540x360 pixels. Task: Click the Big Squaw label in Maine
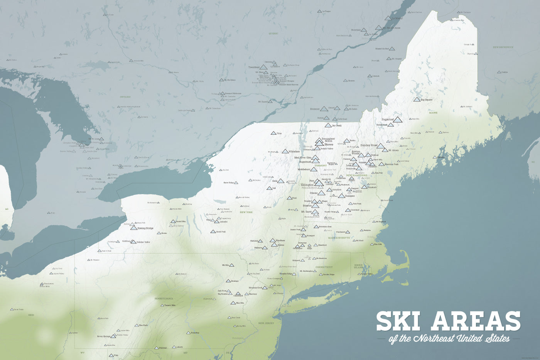[x=427, y=100]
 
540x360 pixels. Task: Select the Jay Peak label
[x=337, y=126]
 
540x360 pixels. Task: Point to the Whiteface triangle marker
[x=285, y=152]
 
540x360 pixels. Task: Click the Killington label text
[x=307, y=185]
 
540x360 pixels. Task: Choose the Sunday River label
[x=369, y=145]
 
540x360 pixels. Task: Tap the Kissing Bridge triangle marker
[x=133, y=228]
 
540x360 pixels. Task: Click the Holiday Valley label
[x=143, y=242]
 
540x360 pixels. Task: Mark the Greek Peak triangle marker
[x=213, y=232]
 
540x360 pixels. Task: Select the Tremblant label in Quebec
[x=254, y=67]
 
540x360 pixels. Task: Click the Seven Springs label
[x=104, y=336]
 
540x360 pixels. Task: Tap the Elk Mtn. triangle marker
[x=231, y=265]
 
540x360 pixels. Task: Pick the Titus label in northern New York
[x=279, y=134]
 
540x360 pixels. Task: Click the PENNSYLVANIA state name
[x=164, y=299]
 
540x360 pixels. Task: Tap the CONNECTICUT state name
[x=324, y=267]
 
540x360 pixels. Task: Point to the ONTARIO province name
[x=125, y=97]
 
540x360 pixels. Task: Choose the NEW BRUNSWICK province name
[x=503, y=47]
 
